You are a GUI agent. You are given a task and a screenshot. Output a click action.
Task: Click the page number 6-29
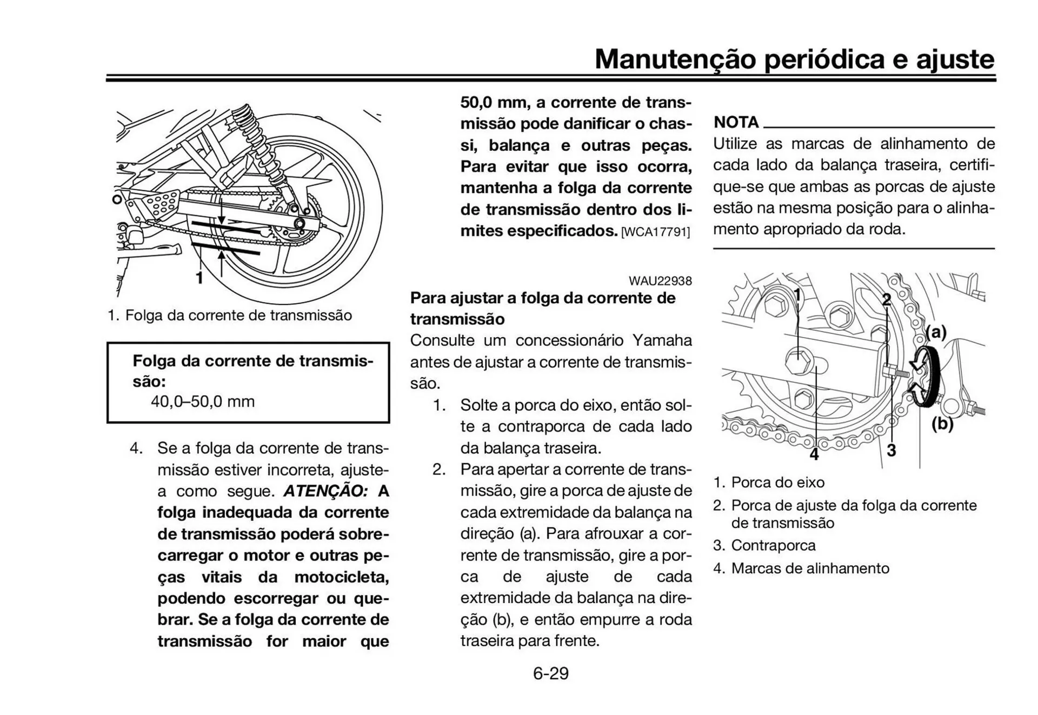point(550,673)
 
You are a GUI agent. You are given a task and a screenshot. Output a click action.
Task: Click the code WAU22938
point(660,281)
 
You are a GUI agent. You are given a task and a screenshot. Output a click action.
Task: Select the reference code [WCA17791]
point(655,232)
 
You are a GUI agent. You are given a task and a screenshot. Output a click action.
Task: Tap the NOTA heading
point(736,122)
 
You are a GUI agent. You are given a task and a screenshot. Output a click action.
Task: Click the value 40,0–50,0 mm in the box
point(203,402)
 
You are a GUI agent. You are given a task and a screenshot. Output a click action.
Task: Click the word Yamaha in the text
point(662,340)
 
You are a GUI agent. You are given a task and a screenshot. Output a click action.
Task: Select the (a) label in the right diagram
point(936,332)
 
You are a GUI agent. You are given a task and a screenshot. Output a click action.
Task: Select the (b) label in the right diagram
point(942,424)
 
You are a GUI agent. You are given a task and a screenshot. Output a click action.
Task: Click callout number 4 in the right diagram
point(814,455)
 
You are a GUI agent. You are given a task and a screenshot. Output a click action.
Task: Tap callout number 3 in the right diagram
point(891,450)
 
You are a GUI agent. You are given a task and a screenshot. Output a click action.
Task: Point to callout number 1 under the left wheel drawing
point(199,278)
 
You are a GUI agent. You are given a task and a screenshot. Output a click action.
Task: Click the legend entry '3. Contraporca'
point(764,545)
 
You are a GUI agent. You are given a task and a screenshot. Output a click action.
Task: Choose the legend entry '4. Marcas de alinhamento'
point(801,569)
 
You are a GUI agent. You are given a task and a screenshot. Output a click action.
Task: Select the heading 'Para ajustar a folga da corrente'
point(542,298)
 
